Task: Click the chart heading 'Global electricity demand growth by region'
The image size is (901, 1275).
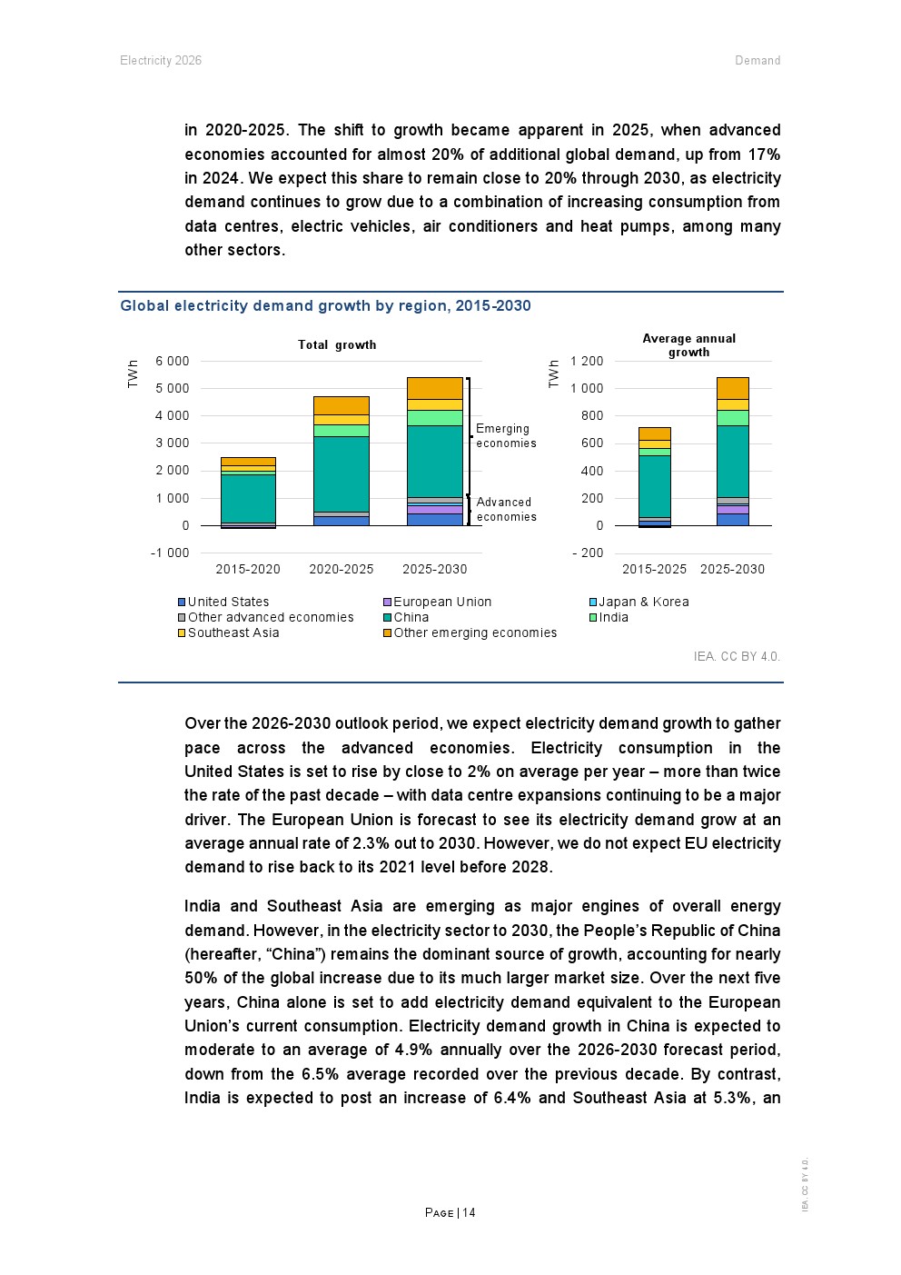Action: point(325,306)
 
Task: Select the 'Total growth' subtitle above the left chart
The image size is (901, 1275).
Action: point(337,345)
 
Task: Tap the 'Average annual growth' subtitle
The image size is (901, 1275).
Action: point(688,345)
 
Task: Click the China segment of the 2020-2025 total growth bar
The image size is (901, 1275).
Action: point(342,473)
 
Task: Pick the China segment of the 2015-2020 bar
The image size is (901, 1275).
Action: point(248,498)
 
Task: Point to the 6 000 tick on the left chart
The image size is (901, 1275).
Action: point(173,362)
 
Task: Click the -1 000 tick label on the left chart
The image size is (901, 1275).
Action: point(170,553)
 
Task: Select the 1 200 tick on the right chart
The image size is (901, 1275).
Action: point(587,362)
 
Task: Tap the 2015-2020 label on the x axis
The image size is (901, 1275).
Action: point(248,570)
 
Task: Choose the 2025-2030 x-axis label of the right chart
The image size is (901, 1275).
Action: point(732,570)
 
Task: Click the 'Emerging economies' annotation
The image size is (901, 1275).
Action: point(506,436)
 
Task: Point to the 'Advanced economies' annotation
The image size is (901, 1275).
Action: point(506,510)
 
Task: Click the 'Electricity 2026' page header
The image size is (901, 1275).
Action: point(161,61)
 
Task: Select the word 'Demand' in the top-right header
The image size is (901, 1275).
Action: point(757,61)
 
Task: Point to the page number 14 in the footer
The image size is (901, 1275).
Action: point(469,1213)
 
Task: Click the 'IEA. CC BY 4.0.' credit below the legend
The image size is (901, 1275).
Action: point(737,656)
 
